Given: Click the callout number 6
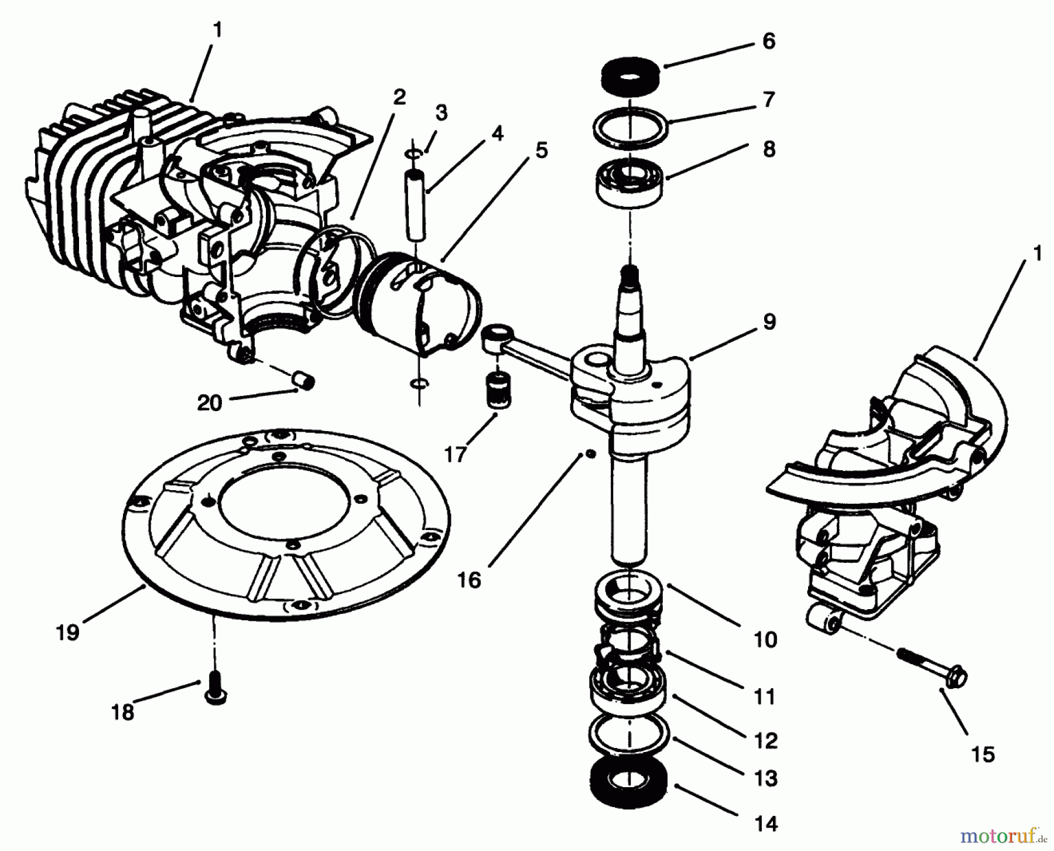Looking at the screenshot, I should [x=768, y=42].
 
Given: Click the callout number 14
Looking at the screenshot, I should [x=766, y=824].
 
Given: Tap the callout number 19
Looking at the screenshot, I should [x=68, y=633].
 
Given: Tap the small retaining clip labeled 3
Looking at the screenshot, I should [x=415, y=153].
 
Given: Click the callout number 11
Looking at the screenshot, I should [x=765, y=697].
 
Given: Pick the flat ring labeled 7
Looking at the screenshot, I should [x=630, y=125].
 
